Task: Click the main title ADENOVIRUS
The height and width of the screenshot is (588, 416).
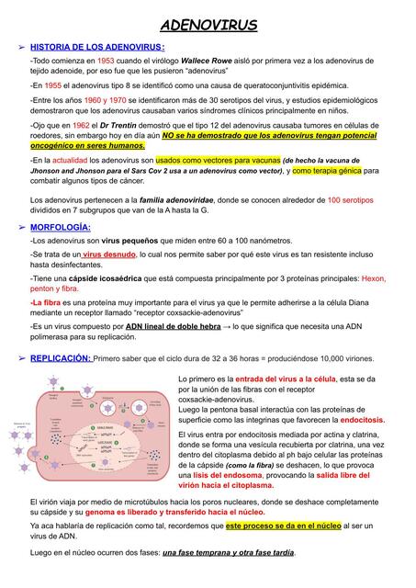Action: [x=208, y=25]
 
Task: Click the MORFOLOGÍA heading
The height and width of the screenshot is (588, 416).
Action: [x=61, y=226]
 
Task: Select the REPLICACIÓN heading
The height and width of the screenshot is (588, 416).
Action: [x=61, y=358]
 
